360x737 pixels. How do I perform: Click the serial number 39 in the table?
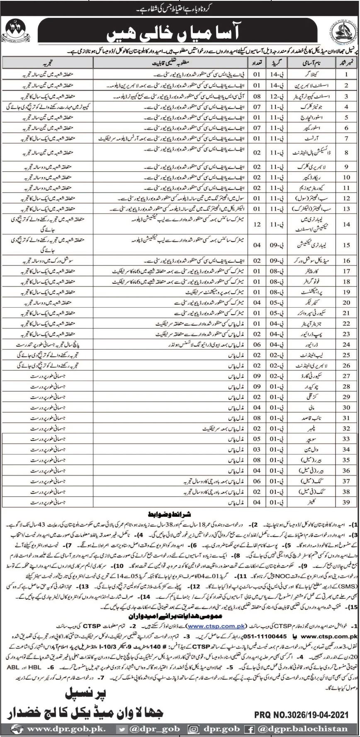pos(346,502)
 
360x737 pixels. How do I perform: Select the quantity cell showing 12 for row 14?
pos(257,224)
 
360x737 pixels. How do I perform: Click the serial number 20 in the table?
pos(346,302)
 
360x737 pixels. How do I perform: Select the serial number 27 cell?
pos(346,376)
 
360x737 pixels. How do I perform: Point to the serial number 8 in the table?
pos(346,153)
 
